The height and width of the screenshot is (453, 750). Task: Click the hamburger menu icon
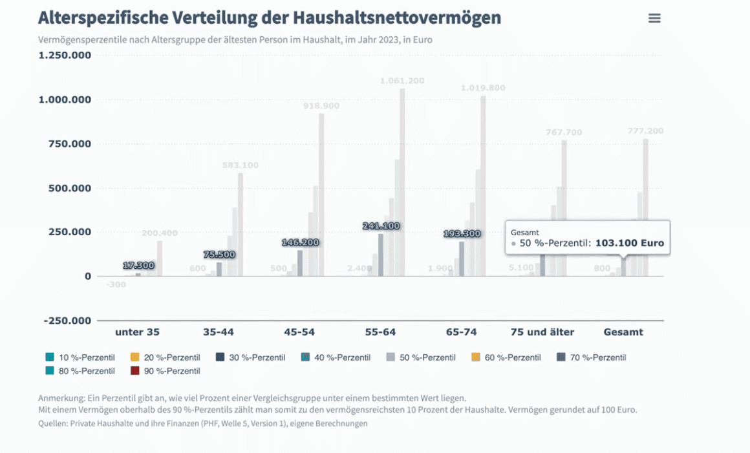pyautogui.click(x=654, y=19)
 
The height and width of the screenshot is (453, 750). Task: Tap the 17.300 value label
pyautogui.click(x=138, y=266)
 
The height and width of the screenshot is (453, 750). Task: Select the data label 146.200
pyautogui.click(x=300, y=243)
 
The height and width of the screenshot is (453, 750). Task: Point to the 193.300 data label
pyautogui.click(x=462, y=233)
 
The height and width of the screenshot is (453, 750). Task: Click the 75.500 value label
pyautogui.click(x=219, y=255)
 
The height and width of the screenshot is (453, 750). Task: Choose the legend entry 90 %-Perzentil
pyautogui.click(x=171, y=371)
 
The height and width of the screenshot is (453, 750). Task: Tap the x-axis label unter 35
pyautogui.click(x=137, y=332)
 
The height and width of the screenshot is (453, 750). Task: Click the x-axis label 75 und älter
pyautogui.click(x=542, y=332)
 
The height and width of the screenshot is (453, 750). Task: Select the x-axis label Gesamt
pyautogui.click(x=623, y=332)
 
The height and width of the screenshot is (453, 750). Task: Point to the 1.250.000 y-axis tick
pyautogui.click(x=65, y=56)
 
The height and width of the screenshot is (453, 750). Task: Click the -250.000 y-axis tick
pyautogui.click(x=67, y=321)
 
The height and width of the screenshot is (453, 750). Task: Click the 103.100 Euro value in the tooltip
pyautogui.click(x=629, y=244)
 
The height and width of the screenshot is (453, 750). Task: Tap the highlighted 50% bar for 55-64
pyautogui.click(x=381, y=255)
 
